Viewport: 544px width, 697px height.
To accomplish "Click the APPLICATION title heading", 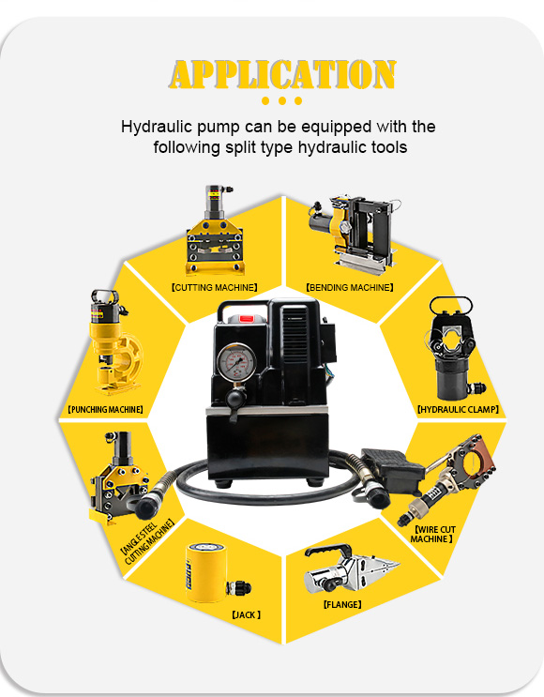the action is click(282, 74).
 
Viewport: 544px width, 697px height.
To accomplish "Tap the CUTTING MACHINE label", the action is click(214, 288).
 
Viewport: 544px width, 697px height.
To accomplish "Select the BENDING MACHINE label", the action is click(350, 288).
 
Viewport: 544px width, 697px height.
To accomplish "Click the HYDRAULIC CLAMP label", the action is click(458, 409).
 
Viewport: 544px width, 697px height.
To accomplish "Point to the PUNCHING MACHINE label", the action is click(105, 409).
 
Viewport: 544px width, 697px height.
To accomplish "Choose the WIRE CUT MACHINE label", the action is click(432, 535).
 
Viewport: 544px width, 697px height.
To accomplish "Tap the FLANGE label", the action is click(341, 604).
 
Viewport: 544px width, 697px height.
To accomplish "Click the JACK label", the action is click(247, 614).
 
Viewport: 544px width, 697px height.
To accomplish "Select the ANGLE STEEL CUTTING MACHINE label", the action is click(147, 541).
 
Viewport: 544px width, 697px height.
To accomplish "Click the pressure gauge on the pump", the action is click(236, 360).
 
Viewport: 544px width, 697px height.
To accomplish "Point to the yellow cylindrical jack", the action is click(206, 572).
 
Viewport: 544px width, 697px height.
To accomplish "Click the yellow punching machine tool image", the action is click(114, 342).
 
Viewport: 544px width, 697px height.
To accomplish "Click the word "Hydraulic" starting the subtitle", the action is click(157, 127).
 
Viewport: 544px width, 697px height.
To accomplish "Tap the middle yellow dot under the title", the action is click(281, 101).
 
